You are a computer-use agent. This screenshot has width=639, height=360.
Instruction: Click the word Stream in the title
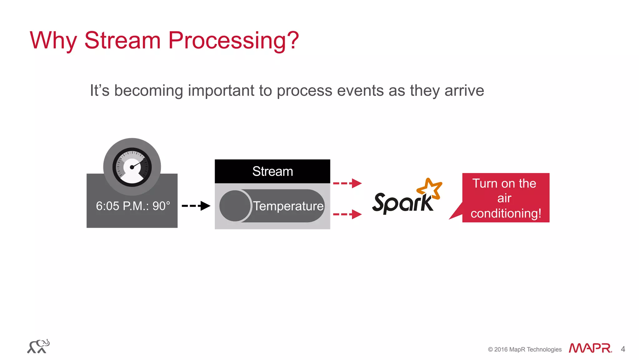pos(122,41)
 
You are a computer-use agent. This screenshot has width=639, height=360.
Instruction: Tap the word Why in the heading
pos(53,41)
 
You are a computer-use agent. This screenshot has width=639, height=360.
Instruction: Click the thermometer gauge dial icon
pos(132,167)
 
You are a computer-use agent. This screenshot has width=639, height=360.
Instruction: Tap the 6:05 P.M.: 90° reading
pos(133,206)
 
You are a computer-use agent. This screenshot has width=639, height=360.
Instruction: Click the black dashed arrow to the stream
pos(196,206)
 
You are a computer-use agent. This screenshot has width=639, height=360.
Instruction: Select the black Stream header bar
pos(272,171)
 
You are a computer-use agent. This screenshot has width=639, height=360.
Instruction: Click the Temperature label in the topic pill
pos(288,206)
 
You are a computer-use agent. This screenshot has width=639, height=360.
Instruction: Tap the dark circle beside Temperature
pos(235,206)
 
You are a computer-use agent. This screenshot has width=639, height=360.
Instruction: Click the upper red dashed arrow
pos(347,183)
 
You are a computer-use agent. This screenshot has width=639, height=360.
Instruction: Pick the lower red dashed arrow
pos(347,214)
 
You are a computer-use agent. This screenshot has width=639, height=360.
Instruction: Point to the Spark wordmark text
pos(402,203)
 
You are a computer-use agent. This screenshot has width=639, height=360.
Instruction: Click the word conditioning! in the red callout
pos(505,214)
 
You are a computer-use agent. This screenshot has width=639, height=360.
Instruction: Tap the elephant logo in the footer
pos(38,347)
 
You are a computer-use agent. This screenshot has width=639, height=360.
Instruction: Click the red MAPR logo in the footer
pos(590,348)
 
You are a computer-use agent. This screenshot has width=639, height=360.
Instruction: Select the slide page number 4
pos(623,349)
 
